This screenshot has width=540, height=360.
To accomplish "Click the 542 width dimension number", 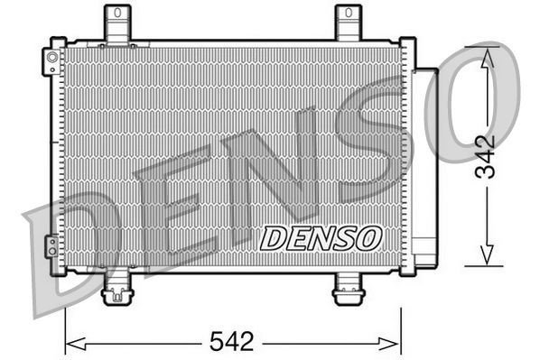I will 233,343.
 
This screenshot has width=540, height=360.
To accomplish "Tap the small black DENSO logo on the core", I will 321,238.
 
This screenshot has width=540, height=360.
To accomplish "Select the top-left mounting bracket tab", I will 116,23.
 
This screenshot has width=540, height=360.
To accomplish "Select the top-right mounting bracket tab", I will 349,23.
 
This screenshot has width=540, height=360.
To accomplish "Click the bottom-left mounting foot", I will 116,291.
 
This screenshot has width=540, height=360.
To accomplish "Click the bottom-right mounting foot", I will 348,291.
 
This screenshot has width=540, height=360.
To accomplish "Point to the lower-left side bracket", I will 52,245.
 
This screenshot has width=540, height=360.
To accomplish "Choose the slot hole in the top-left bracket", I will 116,15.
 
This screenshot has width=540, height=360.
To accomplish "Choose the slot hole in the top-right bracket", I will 349,15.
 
